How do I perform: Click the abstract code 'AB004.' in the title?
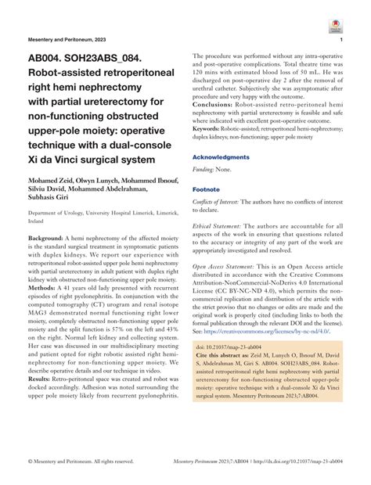50,59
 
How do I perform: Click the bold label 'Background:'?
51,236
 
